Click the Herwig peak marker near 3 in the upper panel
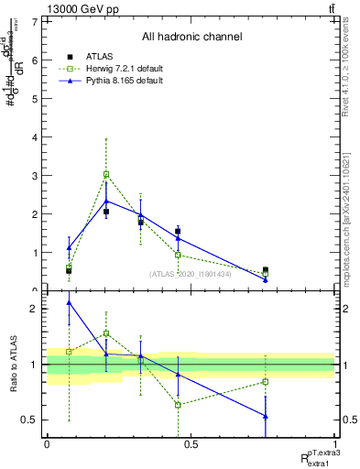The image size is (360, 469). tap(106, 174)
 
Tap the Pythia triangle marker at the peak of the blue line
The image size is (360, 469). tap(106, 201)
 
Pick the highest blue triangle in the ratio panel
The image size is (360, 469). tap(69, 302)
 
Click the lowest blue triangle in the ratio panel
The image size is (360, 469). tap(266, 416)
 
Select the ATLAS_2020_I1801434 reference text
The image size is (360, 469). tap(191, 274)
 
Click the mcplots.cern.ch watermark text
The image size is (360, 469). tap(350, 220)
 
